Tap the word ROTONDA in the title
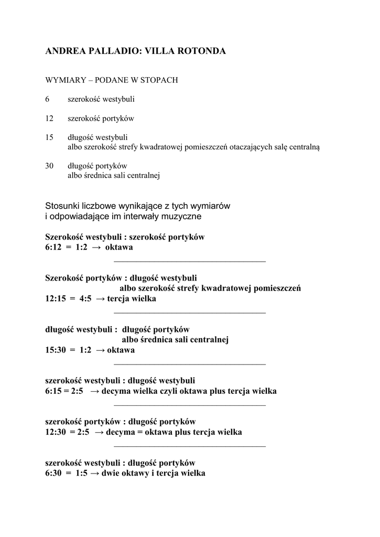202,51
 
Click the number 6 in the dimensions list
47,99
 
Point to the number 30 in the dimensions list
50,166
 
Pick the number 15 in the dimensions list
50,137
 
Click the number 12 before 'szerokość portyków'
50,119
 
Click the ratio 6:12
55,247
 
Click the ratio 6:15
55,391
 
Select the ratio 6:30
55,474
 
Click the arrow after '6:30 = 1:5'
95,474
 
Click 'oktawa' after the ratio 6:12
119,247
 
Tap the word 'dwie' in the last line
110,474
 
